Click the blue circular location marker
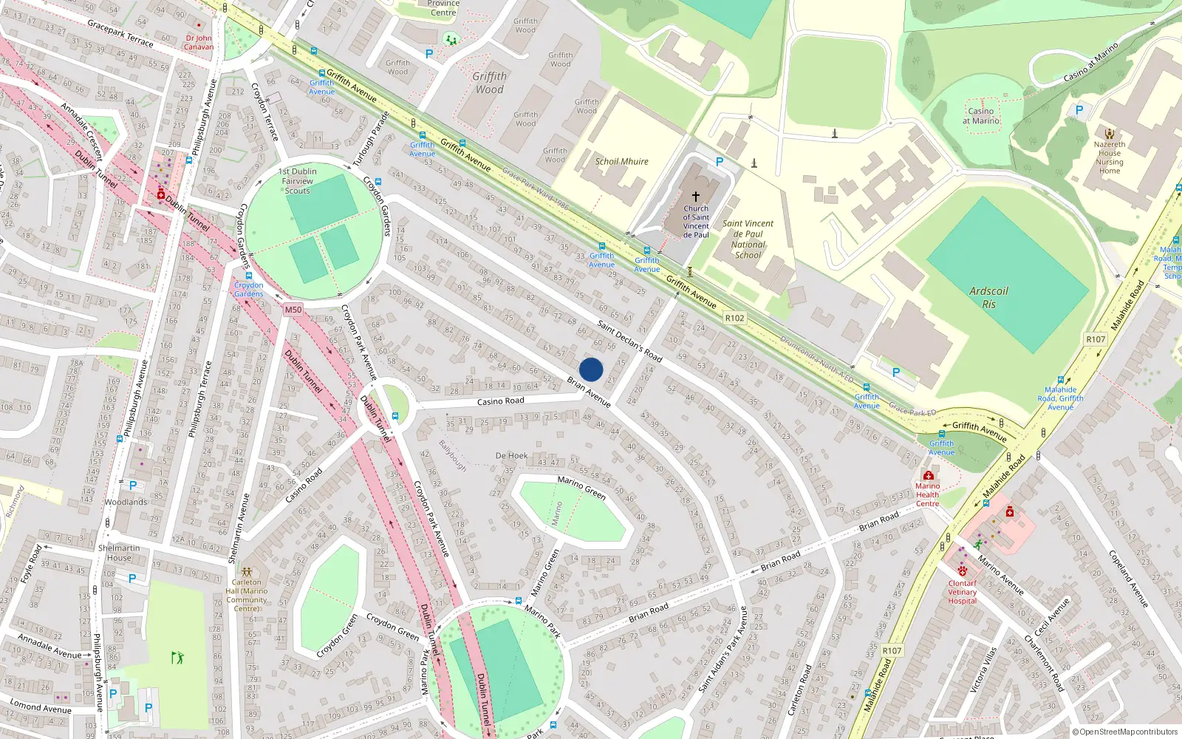(x=591, y=369)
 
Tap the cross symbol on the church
(x=695, y=197)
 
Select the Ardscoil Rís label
(x=988, y=297)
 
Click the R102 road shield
(x=734, y=318)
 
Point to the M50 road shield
(x=293, y=310)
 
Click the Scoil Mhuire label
(x=622, y=161)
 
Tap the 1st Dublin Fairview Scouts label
(x=298, y=181)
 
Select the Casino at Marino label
(x=981, y=116)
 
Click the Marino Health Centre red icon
(x=928, y=475)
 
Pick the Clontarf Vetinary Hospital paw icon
(x=963, y=571)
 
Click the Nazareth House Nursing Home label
(x=1109, y=157)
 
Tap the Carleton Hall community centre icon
(x=247, y=571)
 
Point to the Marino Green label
(x=581, y=487)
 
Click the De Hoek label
(x=512, y=456)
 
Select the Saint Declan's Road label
(x=629, y=339)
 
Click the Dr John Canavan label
(x=199, y=42)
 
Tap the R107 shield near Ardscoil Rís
(x=1095, y=339)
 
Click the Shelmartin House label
(x=119, y=553)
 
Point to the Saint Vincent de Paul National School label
(x=748, y=239)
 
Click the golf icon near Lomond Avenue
(x=177, y=657)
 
